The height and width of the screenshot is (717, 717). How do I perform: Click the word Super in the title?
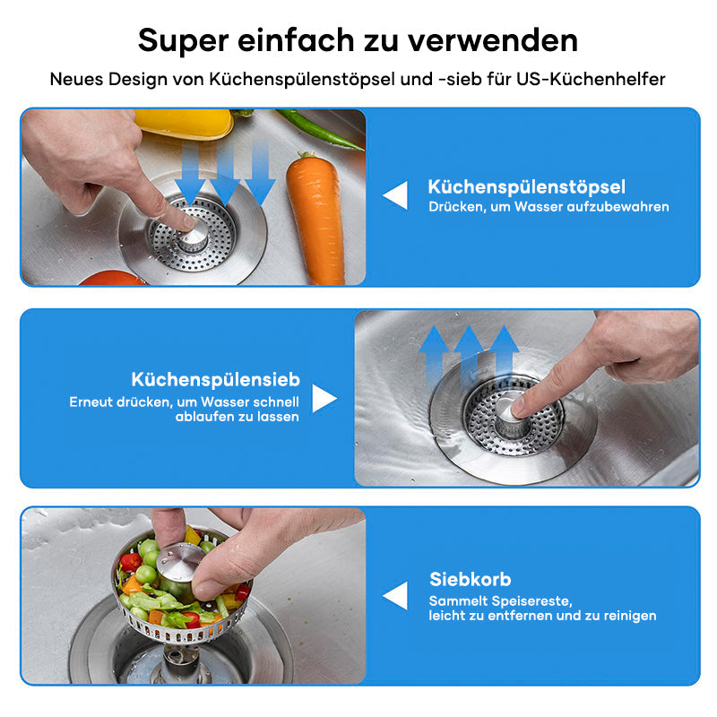pos(184,41)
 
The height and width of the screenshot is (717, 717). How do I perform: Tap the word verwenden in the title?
pos(493,40)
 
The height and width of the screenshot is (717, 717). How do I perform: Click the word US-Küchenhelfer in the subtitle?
pos(591,79)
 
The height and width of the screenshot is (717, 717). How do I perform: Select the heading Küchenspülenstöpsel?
pos(526,187)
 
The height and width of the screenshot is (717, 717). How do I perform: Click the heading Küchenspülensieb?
pos(215,379)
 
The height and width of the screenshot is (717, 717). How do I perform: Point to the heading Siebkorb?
pos(470,579)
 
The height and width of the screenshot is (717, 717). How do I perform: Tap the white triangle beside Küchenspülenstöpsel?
pos(395,195)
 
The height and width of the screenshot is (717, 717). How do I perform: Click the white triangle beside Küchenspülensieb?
pos(324,398)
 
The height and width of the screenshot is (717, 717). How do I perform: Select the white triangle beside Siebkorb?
pos(395,595)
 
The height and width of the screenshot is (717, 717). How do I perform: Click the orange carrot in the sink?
pos(315,217)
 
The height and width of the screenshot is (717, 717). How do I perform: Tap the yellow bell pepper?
pos(184,124)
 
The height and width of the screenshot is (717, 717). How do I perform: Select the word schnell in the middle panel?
pos(276,402)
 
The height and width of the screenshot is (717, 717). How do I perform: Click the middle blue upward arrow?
pos(468,354)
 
